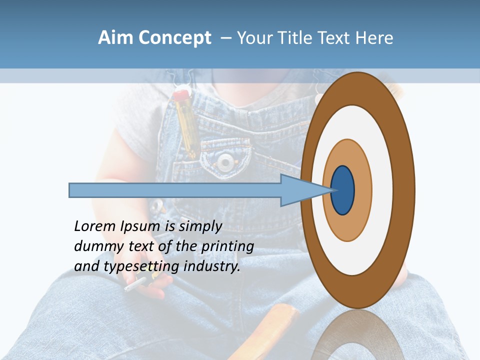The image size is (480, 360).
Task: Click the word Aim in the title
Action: tap(116, 38)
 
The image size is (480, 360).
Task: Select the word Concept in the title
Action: tap(175, 38)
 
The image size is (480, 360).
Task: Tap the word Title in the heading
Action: tap(299, 38)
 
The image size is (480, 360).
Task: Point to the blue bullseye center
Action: tap(343, 190)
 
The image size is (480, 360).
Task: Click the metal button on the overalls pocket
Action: tap(226, 161)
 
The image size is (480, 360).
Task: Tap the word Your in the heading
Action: tap(254, 38)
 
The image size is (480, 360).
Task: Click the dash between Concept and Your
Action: tap(226, 38)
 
